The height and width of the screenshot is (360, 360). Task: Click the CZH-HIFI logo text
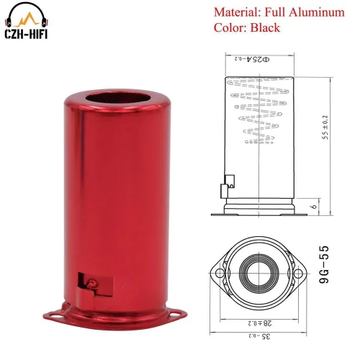click(26, 34)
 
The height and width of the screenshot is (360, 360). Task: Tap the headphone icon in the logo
click(27, 15)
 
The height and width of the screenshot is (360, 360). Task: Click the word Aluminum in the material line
click(316, 12)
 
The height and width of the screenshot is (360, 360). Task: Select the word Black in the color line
click(265, 27)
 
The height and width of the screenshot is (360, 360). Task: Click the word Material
click(237, 12)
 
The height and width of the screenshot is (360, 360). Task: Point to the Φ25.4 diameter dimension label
click(252, 59)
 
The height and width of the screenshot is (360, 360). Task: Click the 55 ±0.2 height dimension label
click(325, 127)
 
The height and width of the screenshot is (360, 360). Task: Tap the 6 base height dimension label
click(314, 207)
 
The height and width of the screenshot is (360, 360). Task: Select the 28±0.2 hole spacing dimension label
click(260, 323)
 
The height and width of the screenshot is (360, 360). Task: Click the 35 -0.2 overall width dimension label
click(259, 336)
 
